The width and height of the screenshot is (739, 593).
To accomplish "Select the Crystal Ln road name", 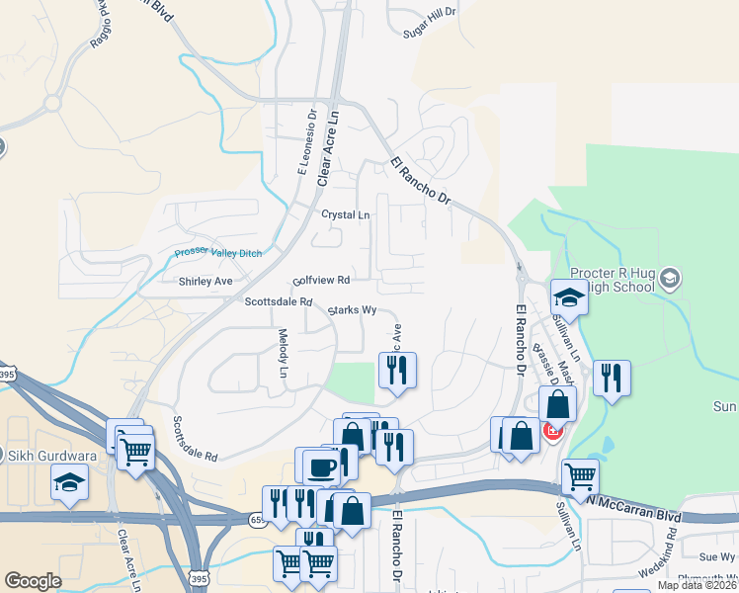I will coord(345,214).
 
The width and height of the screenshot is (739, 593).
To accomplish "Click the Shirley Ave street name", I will coord(205,282).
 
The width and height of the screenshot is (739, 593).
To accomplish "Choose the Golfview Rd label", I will coord(321,281).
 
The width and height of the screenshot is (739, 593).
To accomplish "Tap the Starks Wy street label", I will coord(354,309).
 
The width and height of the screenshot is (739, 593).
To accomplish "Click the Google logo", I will coord(33,581).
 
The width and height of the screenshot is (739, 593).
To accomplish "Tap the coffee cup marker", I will coord(320,466).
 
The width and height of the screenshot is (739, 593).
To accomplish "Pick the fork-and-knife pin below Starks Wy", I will coord(398,371).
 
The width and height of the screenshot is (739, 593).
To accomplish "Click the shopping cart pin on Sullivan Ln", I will coord(580,477).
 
